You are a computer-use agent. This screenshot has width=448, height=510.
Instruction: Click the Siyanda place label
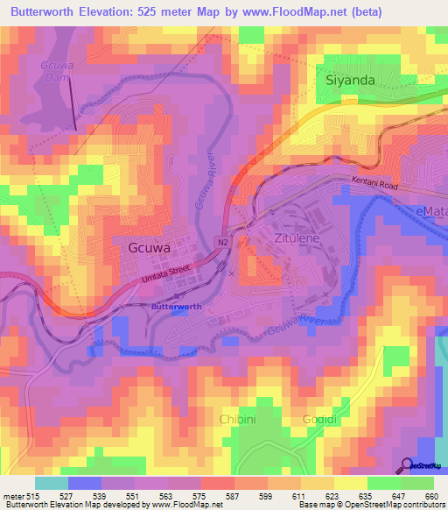pos(349,80)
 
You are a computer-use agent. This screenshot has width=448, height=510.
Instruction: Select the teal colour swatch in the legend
pos(51,483)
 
